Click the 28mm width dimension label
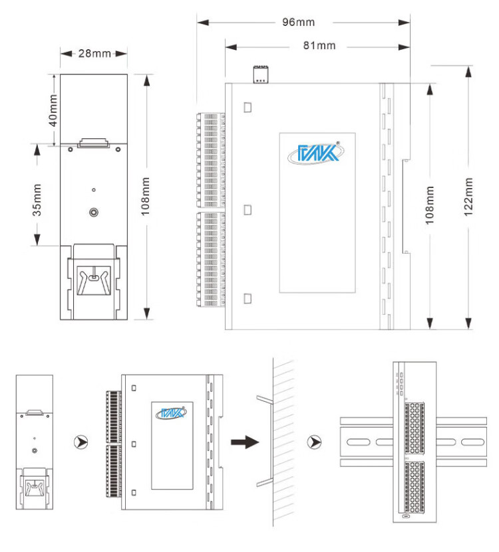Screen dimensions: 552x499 [x=94, y=53]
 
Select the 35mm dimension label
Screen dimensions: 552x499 [x=38, y=200]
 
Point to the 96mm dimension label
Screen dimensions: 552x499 [x=297, y=22]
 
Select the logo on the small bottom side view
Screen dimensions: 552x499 [x=171, y=413]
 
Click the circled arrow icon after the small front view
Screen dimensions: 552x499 [x=81, y=441]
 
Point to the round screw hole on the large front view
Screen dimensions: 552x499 [x=94, y=213]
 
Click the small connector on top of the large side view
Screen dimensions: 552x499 [x=261, y=74]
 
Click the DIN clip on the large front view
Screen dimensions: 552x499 [x=94, y=279]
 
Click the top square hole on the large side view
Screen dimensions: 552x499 [x=248, y=107]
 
